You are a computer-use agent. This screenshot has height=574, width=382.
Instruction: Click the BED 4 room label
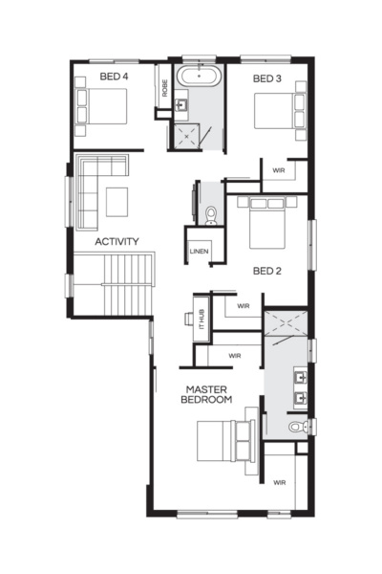(x=114, y=77)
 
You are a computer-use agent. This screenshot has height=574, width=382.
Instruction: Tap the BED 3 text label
(x=267, y=77)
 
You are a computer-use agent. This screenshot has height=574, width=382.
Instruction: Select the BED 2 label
(x=267, y=271)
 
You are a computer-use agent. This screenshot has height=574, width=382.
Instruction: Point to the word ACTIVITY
(x=117, y=242)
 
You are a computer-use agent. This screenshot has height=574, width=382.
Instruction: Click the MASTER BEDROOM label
(x=205, y=395)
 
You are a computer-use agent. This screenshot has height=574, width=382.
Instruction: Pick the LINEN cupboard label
(x=199, y=252)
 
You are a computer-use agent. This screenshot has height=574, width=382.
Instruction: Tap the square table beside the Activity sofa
(x=117, y=201)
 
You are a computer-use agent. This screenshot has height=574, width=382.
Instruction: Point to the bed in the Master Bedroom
(x=225, y=442)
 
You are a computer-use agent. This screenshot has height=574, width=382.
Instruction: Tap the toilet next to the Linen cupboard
(x=209, y=212)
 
